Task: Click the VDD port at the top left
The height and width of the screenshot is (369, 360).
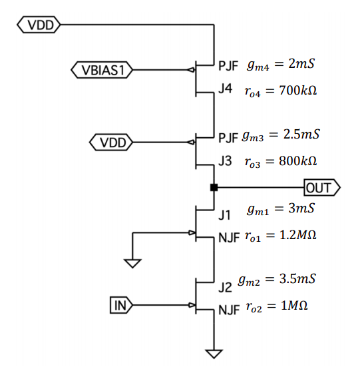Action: pyautogui.click(x=39, y=25)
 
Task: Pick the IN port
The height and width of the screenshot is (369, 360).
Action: pyautogui.click(x=121, y=306)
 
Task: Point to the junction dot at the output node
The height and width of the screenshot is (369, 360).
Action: pyautogui.click(x=213, y=188)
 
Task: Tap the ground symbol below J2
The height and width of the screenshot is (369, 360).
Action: pyautogui.click(x=214, y=352)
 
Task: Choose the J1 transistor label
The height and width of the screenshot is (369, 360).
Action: pyautogui.click(x=225, y=214)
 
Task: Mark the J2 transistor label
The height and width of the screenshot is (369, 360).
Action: pyautogui.click(x=225, y=288)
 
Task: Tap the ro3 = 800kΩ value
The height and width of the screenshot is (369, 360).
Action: pyautogui.click(x=280, y=161)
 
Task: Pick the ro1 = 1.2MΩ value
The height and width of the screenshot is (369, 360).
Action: pyautogui.click(x=279, y=236)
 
